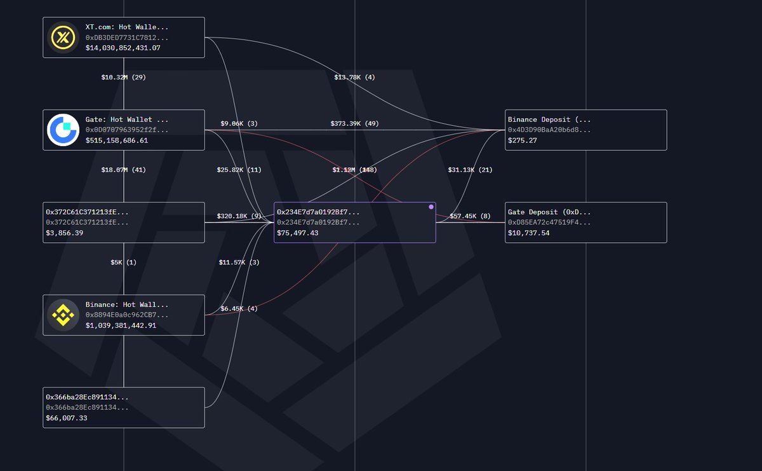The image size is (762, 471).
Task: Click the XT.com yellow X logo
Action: (x=63, y=38)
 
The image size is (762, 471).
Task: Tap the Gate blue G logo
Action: (x=63, y=130)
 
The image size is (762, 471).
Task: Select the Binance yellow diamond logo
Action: (x=63, y=315)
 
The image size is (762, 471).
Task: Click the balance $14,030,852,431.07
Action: (x=123, y=48)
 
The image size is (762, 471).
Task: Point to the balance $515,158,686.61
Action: (x=117, y=140)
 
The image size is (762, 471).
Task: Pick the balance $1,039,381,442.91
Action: (x=121, y=325)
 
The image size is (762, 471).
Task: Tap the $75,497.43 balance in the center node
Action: (x=298, y=233)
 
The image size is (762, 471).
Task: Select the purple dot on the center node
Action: (x=431, y=207)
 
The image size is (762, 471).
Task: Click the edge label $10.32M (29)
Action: (x=123, y=77)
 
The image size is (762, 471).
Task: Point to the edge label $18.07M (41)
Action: (x=123, y=170)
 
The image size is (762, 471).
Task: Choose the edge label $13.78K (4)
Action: (x=354, y=77)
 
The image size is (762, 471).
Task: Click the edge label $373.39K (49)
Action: (x=354, y=123)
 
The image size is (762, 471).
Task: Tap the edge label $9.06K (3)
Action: (x=239, y=123)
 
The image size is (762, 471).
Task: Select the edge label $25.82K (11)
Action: (x=239, y=170)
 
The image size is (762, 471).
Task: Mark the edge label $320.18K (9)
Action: (x=239, y=216)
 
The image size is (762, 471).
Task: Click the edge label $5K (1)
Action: (x=123, y=262)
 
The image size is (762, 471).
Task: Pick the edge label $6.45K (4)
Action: (x=239, y=308)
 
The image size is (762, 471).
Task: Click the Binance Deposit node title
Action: (x=549, y=119)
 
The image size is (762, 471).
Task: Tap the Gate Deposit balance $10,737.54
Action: (x=529, y=233)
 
